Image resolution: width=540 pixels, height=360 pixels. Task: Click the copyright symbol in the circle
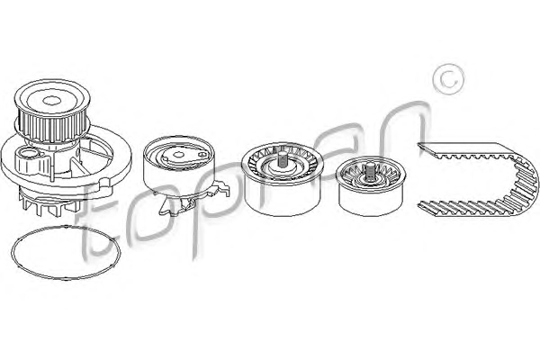(449, 78)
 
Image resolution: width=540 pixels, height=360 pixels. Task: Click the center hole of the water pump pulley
(52, 101)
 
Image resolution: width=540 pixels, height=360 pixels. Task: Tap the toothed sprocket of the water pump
(51, 125)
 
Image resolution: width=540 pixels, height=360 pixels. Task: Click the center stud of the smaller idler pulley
(371, 171)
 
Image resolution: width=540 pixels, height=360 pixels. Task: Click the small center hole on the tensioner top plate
(179, 154)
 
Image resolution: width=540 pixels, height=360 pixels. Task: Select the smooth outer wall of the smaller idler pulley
(371, 201)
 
